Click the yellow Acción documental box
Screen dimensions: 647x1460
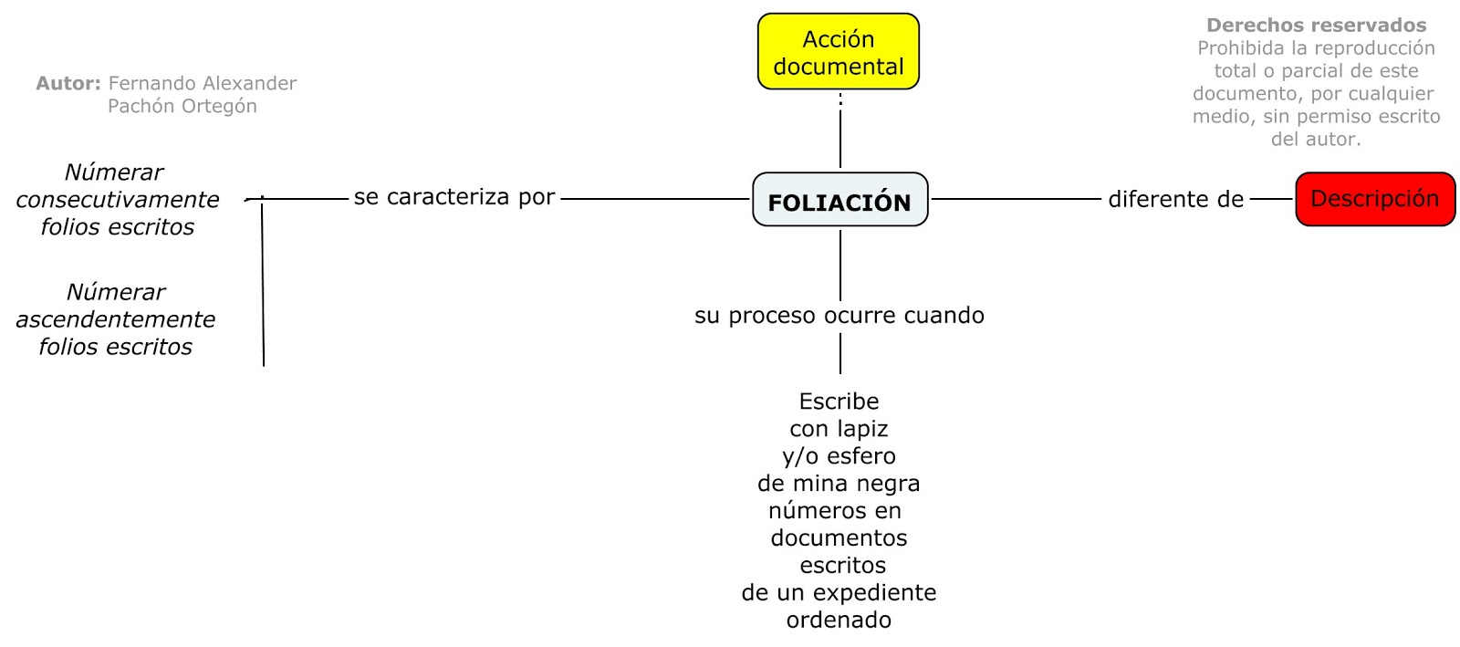838,52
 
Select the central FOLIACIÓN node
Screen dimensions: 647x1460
839,200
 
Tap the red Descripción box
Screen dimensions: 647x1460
1374,199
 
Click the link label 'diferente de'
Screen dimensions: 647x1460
1175,199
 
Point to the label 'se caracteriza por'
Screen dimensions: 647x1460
454,197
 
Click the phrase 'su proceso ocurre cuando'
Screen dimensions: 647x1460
839,316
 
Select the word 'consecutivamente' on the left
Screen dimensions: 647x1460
118,200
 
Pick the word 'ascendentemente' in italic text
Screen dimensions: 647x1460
116,319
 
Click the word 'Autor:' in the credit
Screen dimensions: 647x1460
68,84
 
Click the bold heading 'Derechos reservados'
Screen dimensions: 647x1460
1316,26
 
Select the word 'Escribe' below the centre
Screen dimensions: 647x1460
839,402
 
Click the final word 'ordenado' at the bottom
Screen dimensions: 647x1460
839,621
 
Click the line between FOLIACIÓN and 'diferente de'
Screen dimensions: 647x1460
1015,199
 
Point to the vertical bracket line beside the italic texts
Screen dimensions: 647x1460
263,283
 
